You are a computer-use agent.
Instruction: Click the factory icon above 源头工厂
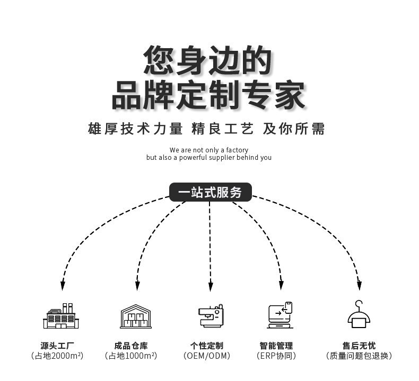pyautogui.click(x=60, y=316)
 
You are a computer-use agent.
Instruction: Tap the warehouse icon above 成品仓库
pyautogui.click(x=135, y=316)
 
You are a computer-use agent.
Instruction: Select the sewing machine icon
pyautogui.click(x=210, y=316)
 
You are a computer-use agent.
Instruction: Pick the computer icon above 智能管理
pyautogui.click(x=280, y=316)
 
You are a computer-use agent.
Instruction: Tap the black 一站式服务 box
pyautogui.click(x=210, y=192)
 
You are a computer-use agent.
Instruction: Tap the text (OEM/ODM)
pyautogui.click(x=207, y=356)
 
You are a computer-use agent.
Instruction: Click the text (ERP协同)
pyautogui.click(x=276, y=356)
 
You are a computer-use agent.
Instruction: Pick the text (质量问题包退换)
pyautogui.click(x=359, y=356)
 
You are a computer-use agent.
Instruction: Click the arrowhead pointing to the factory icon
pyautogui.click(x=63, y=285)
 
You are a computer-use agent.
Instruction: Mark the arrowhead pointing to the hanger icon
pyautogui.click(x=359, y=285)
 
